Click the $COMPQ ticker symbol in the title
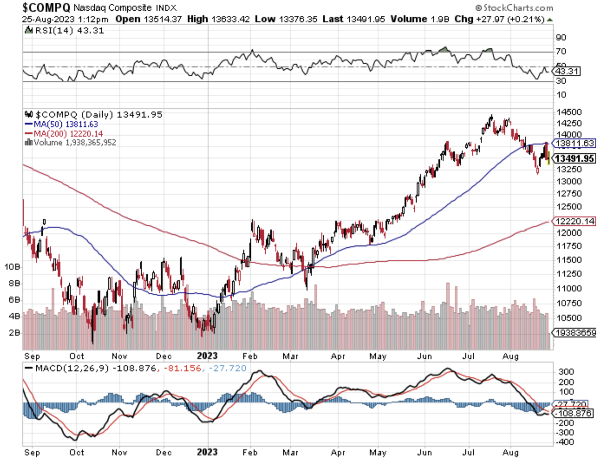tap(46, 7)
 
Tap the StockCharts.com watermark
tap(514, 8)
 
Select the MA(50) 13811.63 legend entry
tap(61, 124)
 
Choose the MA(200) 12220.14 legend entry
tap(64, 134)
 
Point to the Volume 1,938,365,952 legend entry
tap(71, 143)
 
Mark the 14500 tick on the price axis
tap(569, 112)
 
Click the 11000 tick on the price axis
tap(569, 288)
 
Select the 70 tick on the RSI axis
tap(561, 51)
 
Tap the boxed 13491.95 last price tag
tap(575, 158)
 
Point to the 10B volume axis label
tap(12, 267)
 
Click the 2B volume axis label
tap(14, 332)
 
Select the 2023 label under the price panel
tap(207, 356)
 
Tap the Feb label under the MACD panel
tap(250, 452)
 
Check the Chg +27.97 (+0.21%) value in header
tap(499, 19)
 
